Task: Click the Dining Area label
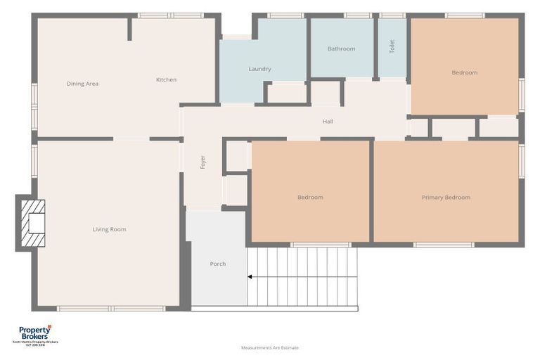82,84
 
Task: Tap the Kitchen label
166,79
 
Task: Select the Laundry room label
259,69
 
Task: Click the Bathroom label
341,49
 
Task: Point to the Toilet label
392,46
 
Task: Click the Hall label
328,122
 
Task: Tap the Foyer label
203,162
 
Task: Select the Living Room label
109,229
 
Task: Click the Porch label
218,264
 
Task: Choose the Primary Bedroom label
446,198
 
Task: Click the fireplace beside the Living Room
32,224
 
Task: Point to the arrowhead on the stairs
250,277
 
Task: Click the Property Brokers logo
35,333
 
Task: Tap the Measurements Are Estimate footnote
269,348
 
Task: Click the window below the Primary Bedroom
443,245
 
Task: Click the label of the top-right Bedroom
464,72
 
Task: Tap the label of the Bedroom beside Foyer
310,198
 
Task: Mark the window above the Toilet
392,15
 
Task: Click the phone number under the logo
35,345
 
